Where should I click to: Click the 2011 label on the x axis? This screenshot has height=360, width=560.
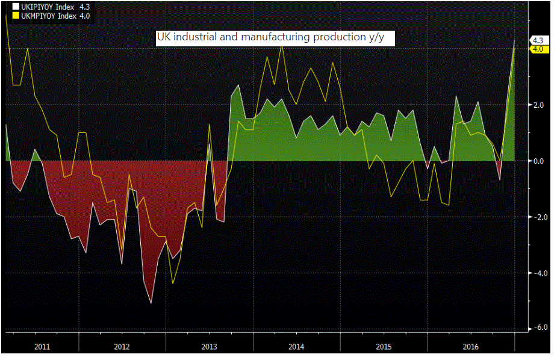coord(42,347)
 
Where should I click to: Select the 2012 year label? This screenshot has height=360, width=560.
coord(121,347)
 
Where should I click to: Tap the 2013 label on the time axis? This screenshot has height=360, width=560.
coord(209,347)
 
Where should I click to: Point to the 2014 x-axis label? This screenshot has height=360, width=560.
coord(296,347)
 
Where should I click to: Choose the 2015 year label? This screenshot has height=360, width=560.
coord(384,347)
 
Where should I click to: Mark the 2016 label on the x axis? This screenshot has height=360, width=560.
coord(471,347)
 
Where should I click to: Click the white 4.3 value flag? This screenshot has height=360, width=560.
coord(538,40)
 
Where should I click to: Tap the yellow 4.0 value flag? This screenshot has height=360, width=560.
coord(538,49)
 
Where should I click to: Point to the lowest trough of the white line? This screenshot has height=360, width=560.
coord(151,302)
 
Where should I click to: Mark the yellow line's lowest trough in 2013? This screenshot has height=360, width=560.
coord(173,284)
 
